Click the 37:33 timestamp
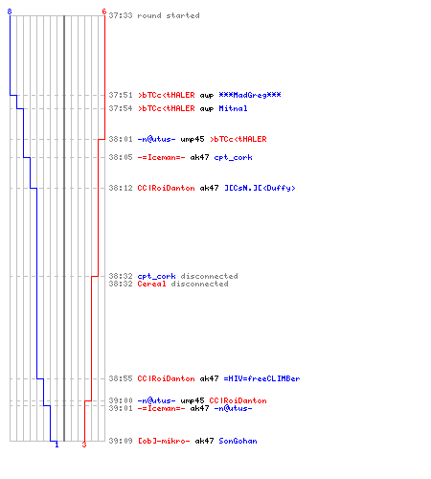[x=121, y=15]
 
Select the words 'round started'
[x=169, y=15]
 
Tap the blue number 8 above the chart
[x=10, y=11]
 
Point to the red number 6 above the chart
[x=104, y=11]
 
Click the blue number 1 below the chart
[x=57, y=445]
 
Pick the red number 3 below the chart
[x=84, y=445]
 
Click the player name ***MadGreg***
[x=250, y=95]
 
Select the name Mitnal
[x=233, y=108]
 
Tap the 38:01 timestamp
[x=121, y=139]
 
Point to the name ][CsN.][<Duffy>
[x=260, y=188]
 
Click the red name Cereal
[x=151, y=284]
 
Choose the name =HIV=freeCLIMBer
[x=261, y=378]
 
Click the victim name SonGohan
[x=238, y=441]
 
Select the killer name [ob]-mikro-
[x=164, y=441]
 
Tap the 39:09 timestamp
[x=121, y=441]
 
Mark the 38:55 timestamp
[x=121, y=378]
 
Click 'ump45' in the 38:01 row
[x=193, y=139]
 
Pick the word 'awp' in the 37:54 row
[x=207, y=109]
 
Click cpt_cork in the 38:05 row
[x=233, y=157]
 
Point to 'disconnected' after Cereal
[x=199, y=284]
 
